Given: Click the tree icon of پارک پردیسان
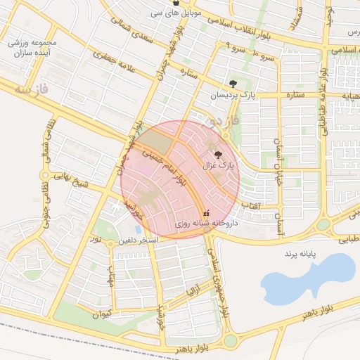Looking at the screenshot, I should [x=233, y=84].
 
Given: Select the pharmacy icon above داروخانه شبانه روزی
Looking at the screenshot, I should [x=205, y=212].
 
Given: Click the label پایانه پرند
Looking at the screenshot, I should [x=302, y=252].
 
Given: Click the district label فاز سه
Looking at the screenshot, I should [x=33, y=91].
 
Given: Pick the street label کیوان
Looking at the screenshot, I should [x=102, y=313].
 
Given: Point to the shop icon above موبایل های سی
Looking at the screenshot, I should [x=175, y=4].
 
